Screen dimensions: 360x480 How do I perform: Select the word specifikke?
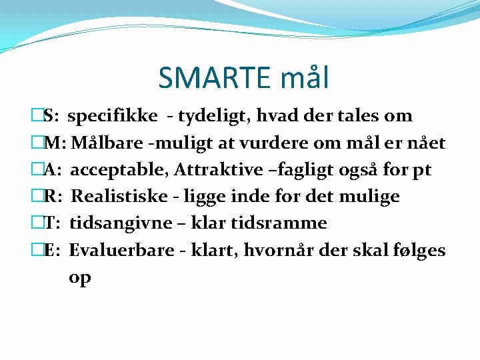tap(113, 117)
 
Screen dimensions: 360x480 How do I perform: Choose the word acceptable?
tap(119, 170)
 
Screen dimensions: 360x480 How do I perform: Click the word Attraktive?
tap(219, 170)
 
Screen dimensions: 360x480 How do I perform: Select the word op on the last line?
tap(79, 278)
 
